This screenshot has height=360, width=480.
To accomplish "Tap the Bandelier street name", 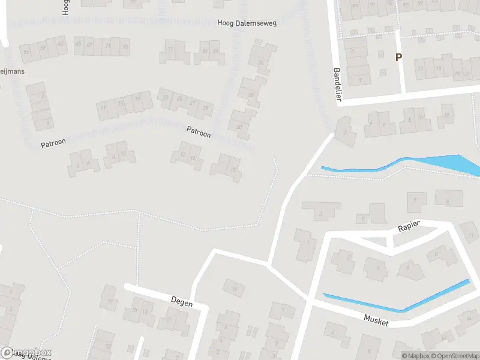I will [337, 84].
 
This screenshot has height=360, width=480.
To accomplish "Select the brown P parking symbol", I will [397, 57].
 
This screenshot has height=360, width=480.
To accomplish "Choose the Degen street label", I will [181, 303].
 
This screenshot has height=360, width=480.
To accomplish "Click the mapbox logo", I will [26, 353].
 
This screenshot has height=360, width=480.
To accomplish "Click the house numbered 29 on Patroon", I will [206, 107].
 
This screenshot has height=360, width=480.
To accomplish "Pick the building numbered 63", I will [60, 44].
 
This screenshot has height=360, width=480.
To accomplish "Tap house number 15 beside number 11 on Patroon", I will [121, 104].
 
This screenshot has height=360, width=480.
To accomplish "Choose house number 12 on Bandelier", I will [446, 115].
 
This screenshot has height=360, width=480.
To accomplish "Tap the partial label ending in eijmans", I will [12, 70].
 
